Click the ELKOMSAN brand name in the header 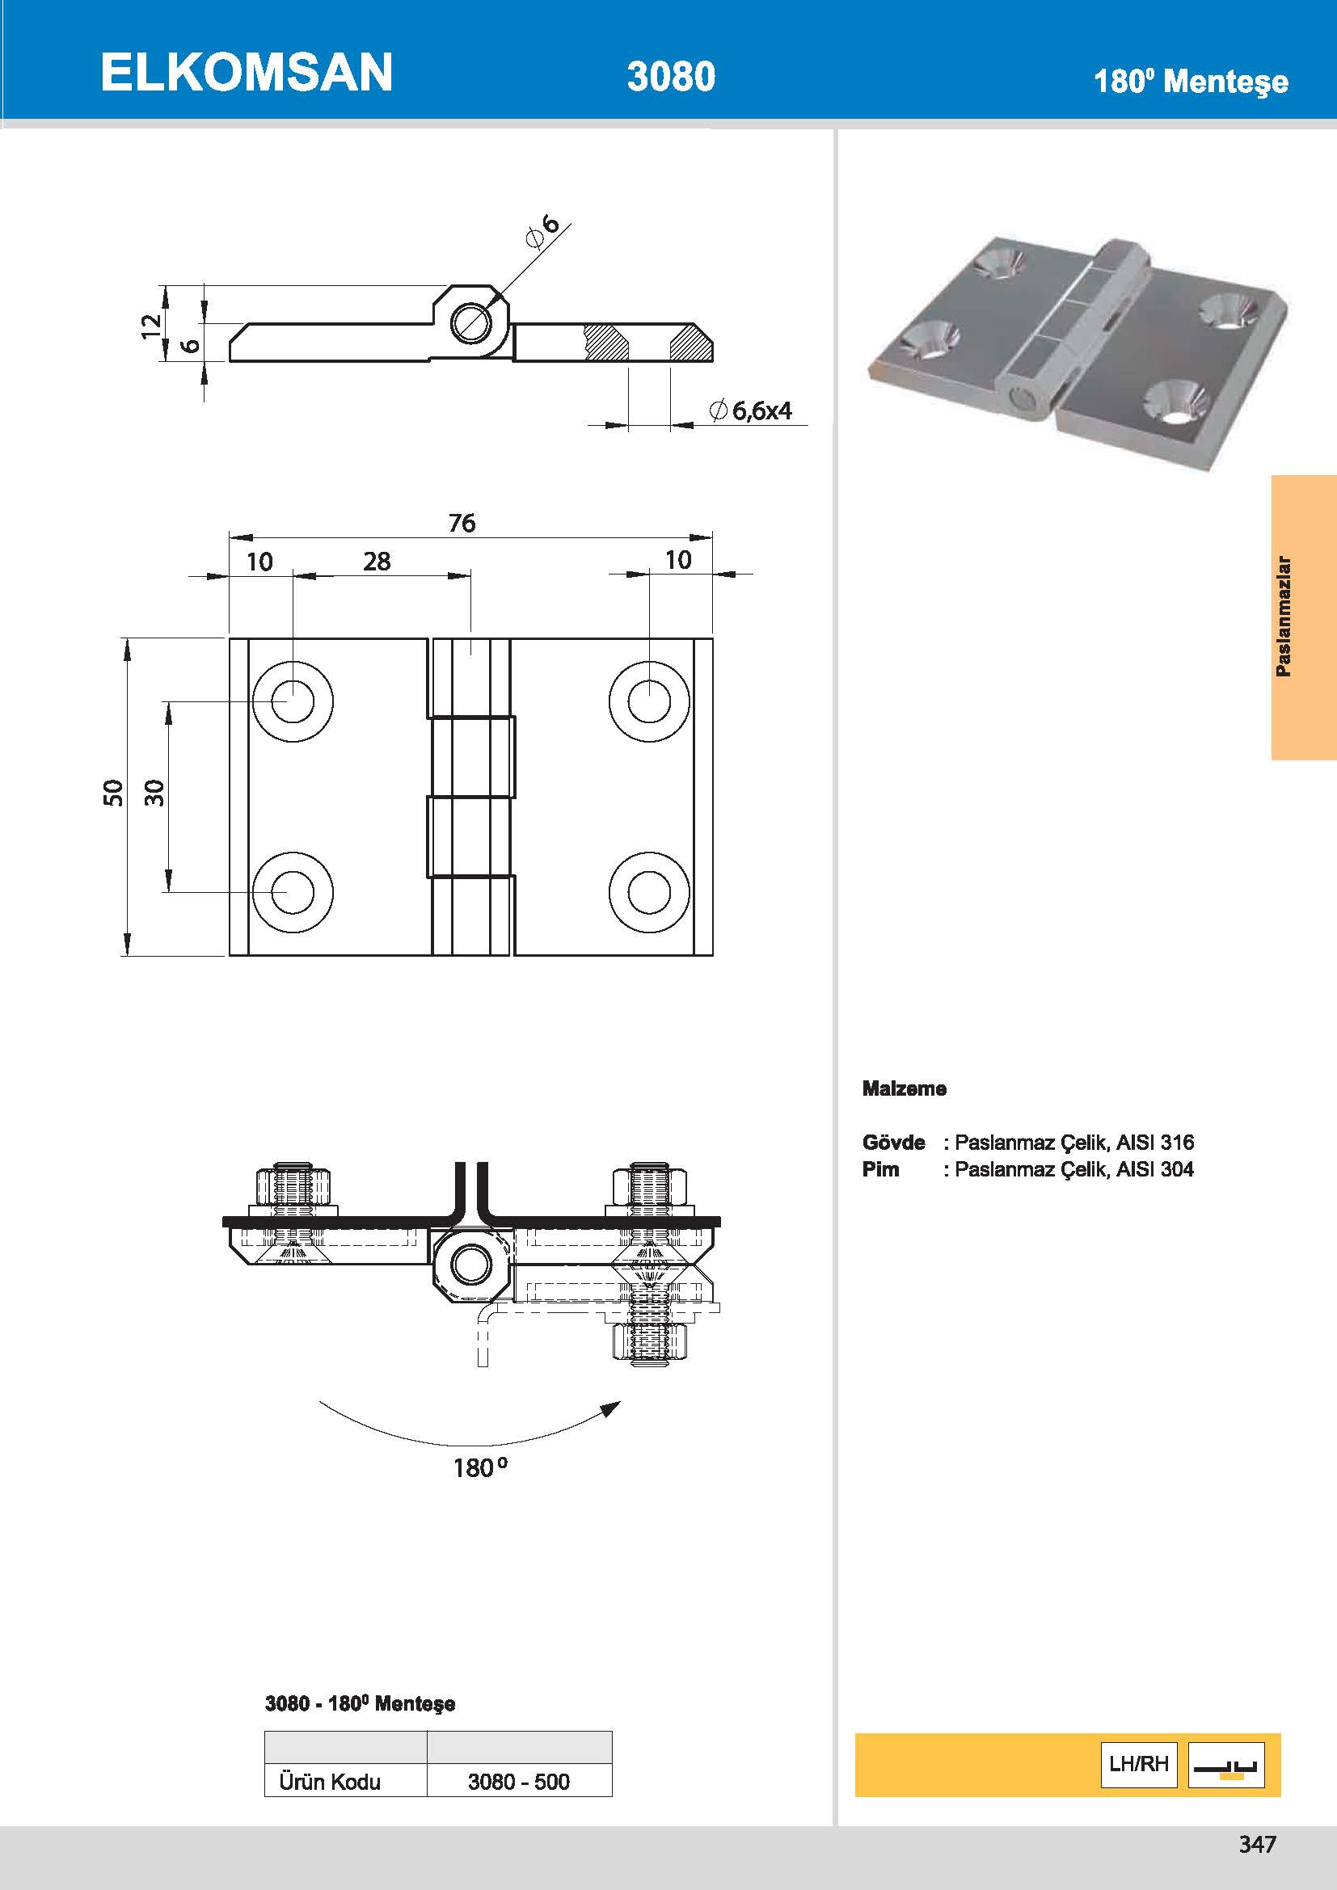247,73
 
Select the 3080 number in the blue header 670,77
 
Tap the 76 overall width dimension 462,523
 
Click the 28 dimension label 376,562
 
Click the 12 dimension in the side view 150,325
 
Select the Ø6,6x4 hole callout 751,410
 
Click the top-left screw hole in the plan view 293,701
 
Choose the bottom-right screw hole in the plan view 650,893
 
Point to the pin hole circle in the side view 471,322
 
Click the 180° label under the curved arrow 480,1467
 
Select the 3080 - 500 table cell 519,1782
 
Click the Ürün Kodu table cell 330,1782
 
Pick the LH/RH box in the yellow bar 1139,1764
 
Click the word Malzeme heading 904,1088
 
